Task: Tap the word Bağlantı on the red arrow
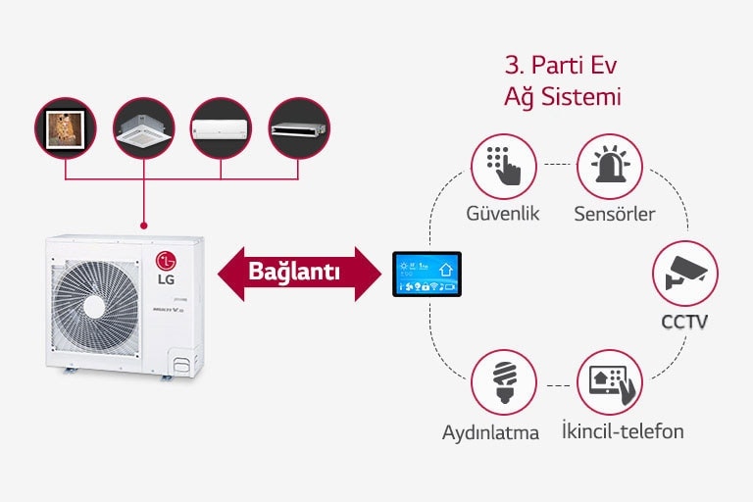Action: pos(293,272)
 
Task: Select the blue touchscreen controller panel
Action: pos(426,274)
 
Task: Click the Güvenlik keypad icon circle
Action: pos(504,167)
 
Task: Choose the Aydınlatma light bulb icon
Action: pos(504,382)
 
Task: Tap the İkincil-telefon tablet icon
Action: pos(610,381)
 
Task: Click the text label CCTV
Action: pos(685,321)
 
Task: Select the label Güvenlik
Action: pos(504,214)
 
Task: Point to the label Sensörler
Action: pos(615,214)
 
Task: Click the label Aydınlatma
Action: pos(490,432)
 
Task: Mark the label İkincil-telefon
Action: pos(623,431)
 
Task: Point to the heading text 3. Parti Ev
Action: pos(562,67)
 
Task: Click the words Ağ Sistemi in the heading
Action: pos(562,98)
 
